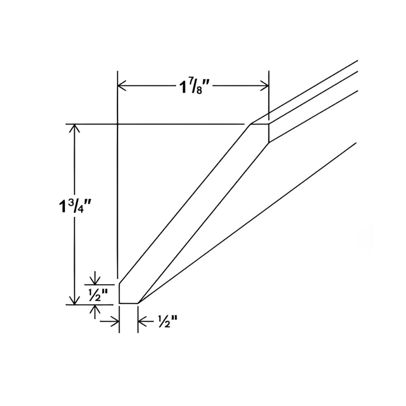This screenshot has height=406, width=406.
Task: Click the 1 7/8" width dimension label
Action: point(194,86)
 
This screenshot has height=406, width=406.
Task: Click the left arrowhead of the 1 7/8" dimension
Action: point(121,86)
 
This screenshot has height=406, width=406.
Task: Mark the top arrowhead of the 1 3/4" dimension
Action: point(74,128)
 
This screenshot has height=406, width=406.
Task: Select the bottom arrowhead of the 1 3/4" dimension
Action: point(74,300)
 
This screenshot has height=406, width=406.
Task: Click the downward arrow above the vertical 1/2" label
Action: point(95,281)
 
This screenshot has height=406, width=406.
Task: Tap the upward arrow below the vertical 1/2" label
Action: point(95,309)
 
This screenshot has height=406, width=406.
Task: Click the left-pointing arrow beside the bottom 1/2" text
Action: point(142,322)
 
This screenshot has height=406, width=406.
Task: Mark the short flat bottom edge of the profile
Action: point(129,303)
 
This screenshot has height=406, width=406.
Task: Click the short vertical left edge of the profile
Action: point(119,294)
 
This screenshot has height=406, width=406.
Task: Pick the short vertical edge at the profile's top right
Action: point(269,133)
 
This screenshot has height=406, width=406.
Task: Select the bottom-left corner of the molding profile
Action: point(119,302)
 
